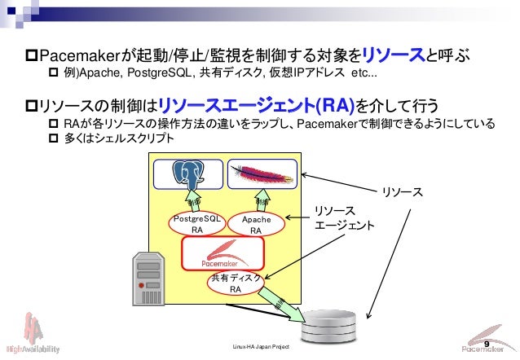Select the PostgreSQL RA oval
click(196, 225)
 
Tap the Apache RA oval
click(256, 226)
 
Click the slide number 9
click(487, 345)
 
